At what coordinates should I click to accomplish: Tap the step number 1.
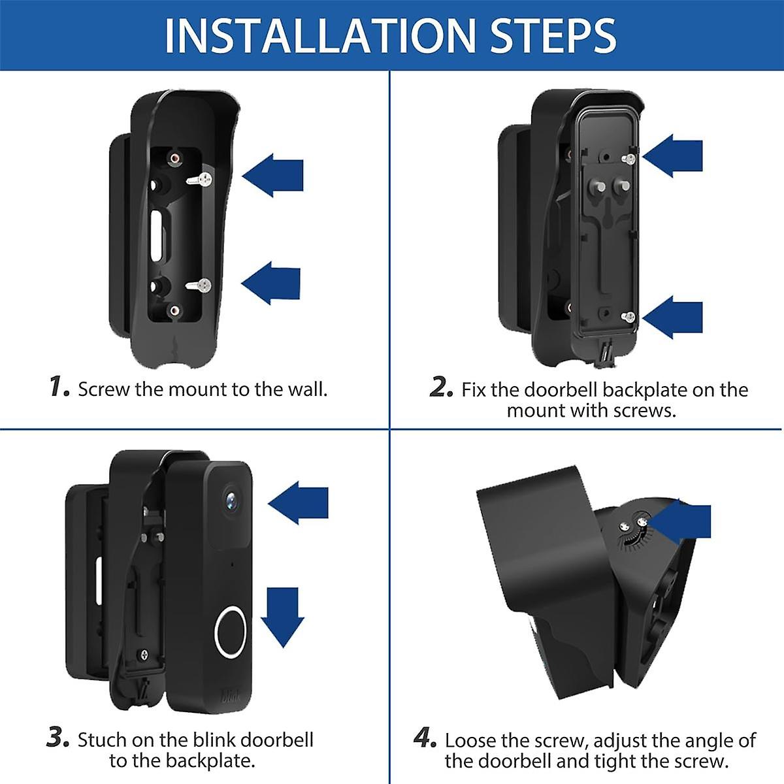[59, 387]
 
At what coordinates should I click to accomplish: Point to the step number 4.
[425, 738]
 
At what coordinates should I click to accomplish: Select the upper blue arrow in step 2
[673, 155]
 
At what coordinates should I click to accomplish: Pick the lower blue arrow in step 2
[673, 317]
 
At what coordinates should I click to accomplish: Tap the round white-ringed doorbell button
[231, 631]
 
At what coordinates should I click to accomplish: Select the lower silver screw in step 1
[199, 285]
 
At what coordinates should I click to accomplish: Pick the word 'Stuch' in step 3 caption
[102, 740]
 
